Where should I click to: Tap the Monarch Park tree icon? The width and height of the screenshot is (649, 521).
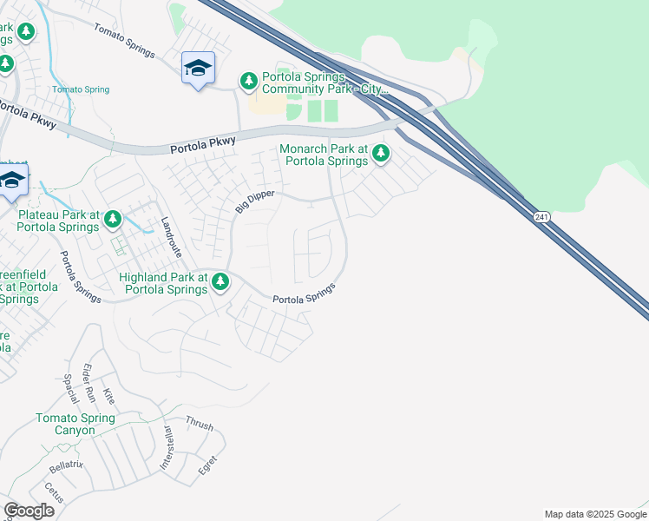[x=380, y=155]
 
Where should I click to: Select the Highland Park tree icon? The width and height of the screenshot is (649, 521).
[x=220, y=280]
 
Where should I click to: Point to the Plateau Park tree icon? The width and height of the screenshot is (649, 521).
[x=113, y=221]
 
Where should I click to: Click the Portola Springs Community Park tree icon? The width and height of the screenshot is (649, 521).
[x=249, y=81]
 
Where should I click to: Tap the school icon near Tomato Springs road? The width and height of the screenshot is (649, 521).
[x=198, y=69]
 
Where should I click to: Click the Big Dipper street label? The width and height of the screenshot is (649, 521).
[x=254, y=203]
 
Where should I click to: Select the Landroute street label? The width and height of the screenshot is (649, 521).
[x=171, y=237]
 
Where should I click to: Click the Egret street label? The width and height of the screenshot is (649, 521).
[x=207, y=465]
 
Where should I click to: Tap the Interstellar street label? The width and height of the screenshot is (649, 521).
[x=167, y=448]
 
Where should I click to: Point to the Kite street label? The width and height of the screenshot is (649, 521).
[x=108, y=397]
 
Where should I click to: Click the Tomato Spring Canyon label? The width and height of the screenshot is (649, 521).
[x=75, y=424]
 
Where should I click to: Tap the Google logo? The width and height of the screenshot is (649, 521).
[x=29, y=511]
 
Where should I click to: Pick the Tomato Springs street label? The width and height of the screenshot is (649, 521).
[x=124, y=41]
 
